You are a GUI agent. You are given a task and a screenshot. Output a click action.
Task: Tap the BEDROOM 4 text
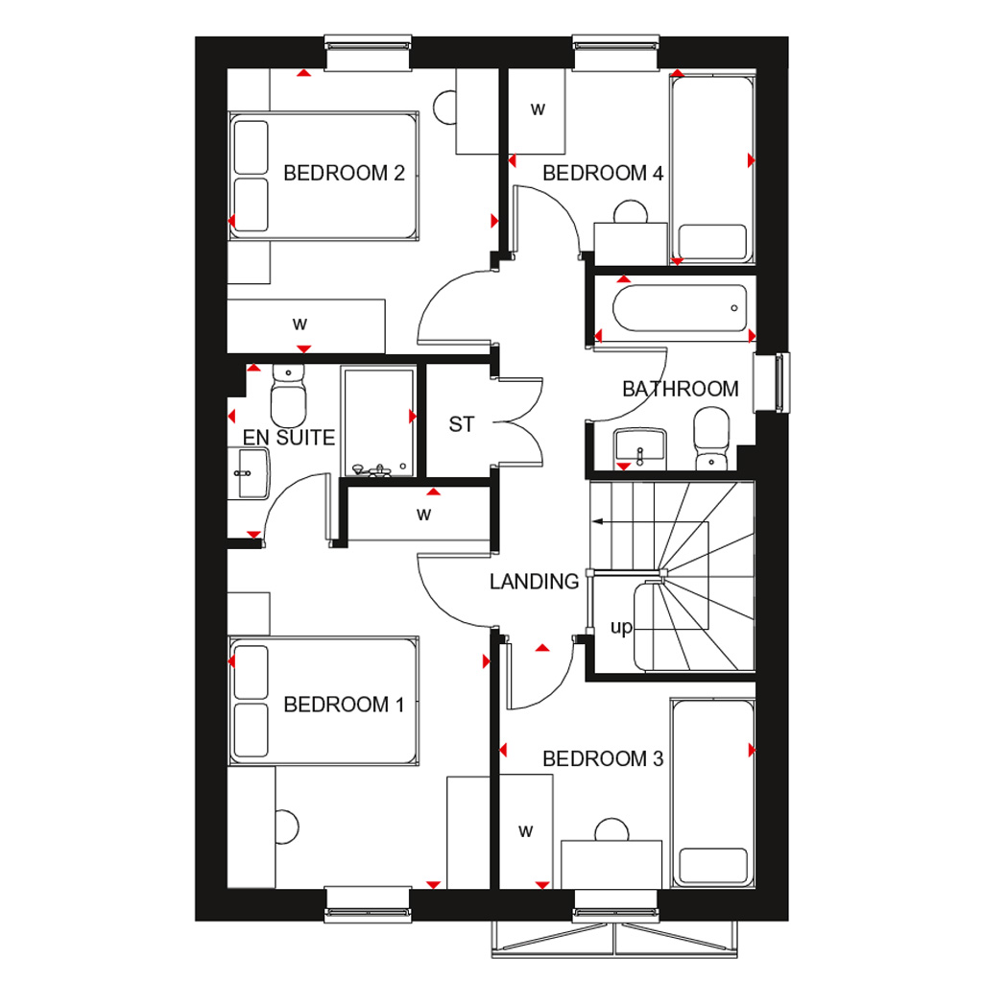[603, 174]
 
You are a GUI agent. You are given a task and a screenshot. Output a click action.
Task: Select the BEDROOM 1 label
[344, 706]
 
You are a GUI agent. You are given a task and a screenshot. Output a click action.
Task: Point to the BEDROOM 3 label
[603, 759]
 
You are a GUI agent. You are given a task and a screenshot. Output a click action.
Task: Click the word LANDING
[534, 582]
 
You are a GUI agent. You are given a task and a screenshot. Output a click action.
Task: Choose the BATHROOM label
[680, 390]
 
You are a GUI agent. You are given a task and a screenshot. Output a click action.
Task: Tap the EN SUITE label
[288, 439]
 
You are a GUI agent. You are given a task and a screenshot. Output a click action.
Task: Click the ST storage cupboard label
[462, 424]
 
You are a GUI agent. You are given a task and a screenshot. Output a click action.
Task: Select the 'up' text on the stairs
[621, 628]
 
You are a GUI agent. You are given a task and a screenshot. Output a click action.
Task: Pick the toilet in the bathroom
[711, 438]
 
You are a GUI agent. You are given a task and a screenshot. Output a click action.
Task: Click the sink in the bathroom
[639, 446]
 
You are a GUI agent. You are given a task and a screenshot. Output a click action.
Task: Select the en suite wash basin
[249, 472]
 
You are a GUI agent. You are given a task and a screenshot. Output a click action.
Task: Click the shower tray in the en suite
[377, 420]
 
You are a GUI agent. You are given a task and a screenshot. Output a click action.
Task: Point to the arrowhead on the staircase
[597, 522]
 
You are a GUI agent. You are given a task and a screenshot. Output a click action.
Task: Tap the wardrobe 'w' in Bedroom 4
[538, 109]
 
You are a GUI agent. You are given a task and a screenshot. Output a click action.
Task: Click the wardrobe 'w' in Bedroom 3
[525, 831]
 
